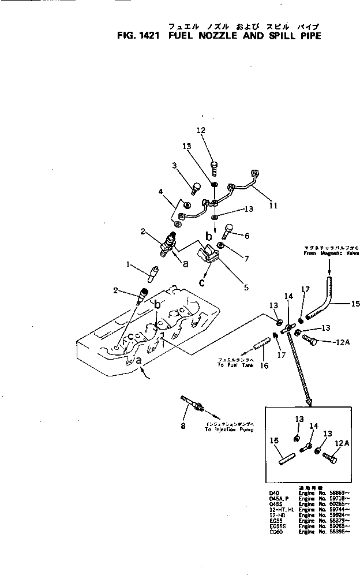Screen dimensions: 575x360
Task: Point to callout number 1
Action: coord(129,265)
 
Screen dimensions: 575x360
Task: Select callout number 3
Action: coord(174,166)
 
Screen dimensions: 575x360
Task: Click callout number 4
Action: coord(161,192)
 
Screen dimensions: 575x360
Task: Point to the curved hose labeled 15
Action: coord(323,300)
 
